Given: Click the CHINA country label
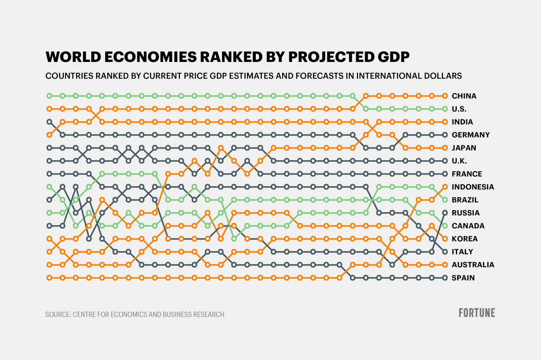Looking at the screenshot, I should pyautogui.click(x=464, y=96).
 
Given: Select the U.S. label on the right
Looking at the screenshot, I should pyautogui.click(x=459, y=109).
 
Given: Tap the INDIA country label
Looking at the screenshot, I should pyautogui.click(x=462, y=122).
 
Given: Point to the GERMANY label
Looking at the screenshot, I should pyautogui.click(x=471, y=135).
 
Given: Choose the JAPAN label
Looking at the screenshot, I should pyautogui.click(x=464, y=148).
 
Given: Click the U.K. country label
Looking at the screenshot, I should pyautogui.click(x=459, y=161).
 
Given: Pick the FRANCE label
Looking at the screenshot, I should pyautogui.click(x=467, y=174).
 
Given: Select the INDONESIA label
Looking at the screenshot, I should pyautogui.click(x=473, y=187).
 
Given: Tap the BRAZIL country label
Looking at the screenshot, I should pyautogui.click(x=465, y=200).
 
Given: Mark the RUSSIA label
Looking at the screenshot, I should pyautogui.click(x=465, y=213).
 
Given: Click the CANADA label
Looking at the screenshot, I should pyautogui.click(x=468, y=226).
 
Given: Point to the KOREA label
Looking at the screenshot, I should pyautogui.click(x=465, y=239).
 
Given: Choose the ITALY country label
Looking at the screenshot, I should pyautogui.click(x=462, y=252).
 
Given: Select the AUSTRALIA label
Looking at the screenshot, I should pyautogui.click(x=473, y=265).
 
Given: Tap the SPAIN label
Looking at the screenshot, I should pyautogui.click(x=463, y=278).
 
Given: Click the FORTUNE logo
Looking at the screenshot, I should pyautogui.click(x=477, y=313).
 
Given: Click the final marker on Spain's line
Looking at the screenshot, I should pyautogui.click(x=445, y=278).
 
